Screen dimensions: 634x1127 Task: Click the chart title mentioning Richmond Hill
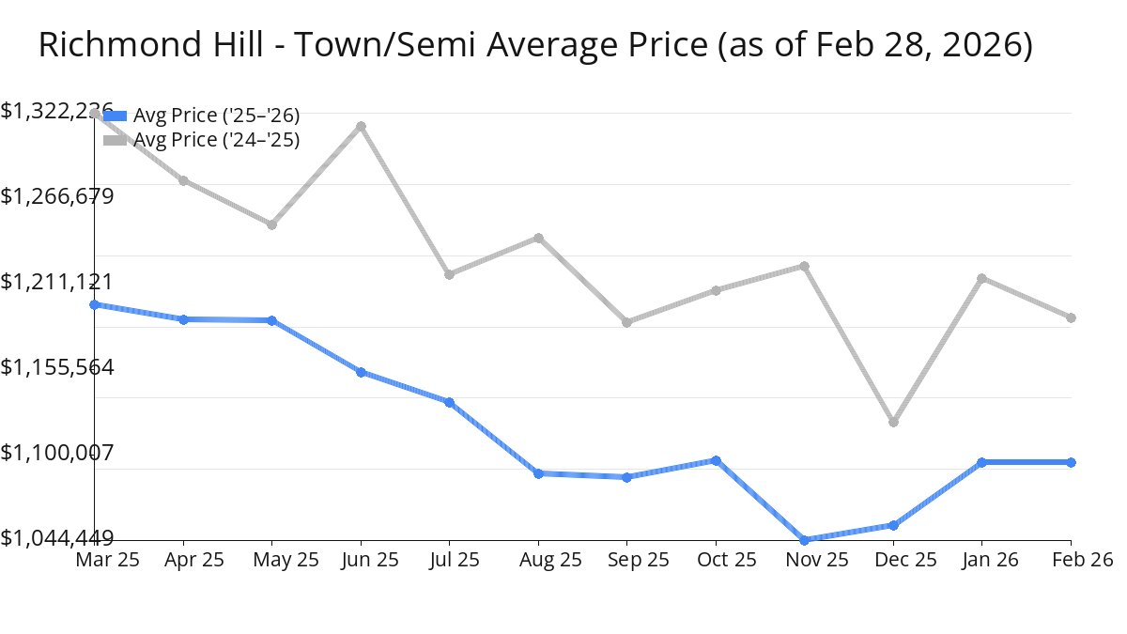coord(535,45)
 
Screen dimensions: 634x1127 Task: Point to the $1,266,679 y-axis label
coord(57,196)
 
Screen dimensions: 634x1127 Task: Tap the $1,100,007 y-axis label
coord(57,453)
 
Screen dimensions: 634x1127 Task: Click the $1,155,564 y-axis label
coord(57,367)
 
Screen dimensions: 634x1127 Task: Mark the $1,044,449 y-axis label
coord(57,538)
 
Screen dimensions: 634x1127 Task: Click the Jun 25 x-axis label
coord(361,560)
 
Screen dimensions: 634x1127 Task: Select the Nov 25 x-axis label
coord(805,560)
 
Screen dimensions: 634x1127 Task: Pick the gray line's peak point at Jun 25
coord(361,126)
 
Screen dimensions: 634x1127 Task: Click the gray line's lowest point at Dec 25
coord(893,422)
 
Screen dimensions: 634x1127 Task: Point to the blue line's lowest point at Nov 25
coord(805,540)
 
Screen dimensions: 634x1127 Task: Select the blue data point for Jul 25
coord(449,402)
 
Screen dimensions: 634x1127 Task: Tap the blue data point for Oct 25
coord(716,460)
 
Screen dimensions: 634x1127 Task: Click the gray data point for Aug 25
coord(538,238)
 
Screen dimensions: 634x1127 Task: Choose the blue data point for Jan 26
coord(981,462)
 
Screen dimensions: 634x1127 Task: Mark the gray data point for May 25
coord(271,224)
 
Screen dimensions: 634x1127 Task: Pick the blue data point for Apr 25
coord(183,319)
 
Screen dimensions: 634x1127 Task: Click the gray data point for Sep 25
coord(626,322)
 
